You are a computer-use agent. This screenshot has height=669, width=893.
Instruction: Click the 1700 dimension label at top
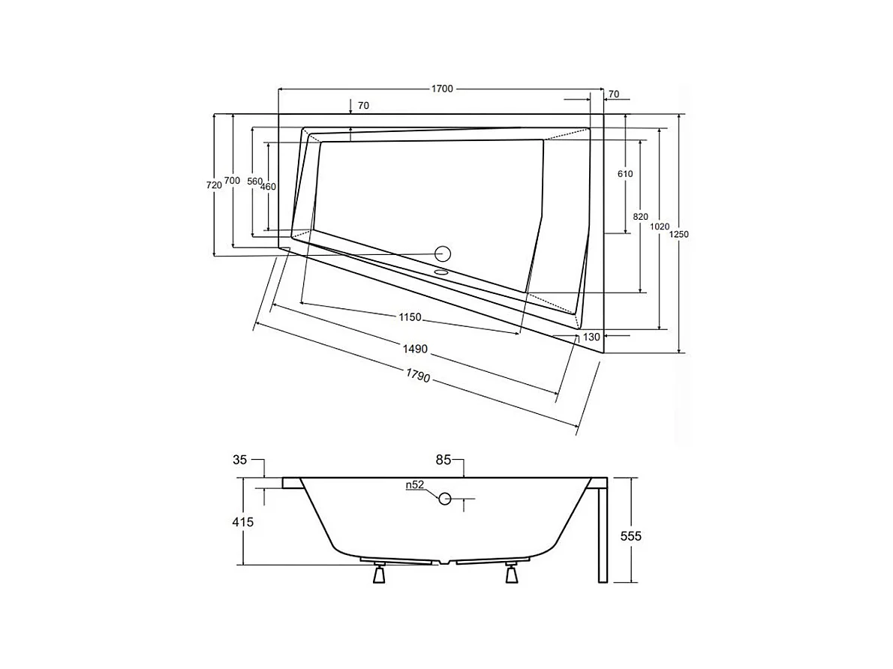(442, 89)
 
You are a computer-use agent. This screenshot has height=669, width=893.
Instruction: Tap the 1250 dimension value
(679, 234)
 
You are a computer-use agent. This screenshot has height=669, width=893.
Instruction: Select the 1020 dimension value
(659, 226)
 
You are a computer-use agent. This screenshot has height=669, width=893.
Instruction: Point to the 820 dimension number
(640, 217)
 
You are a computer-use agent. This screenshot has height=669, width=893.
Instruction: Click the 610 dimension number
(625, 174)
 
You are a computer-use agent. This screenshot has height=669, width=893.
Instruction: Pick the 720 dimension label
(214, 184)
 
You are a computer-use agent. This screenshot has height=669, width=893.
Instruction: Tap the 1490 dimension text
(414, 349)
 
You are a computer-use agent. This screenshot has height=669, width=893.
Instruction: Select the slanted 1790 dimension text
(417, 376)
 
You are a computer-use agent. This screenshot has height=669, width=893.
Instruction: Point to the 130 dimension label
(591, 337)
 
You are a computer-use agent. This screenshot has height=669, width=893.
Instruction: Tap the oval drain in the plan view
(441, 272)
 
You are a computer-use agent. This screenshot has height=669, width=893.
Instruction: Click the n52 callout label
(416, 485)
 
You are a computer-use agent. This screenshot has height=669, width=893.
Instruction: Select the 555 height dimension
(632, 536)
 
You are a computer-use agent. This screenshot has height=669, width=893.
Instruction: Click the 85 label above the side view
(443, 460)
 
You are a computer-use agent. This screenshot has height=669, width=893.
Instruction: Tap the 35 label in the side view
(239, 460)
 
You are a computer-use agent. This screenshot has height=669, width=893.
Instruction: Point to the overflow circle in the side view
(445, 498)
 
